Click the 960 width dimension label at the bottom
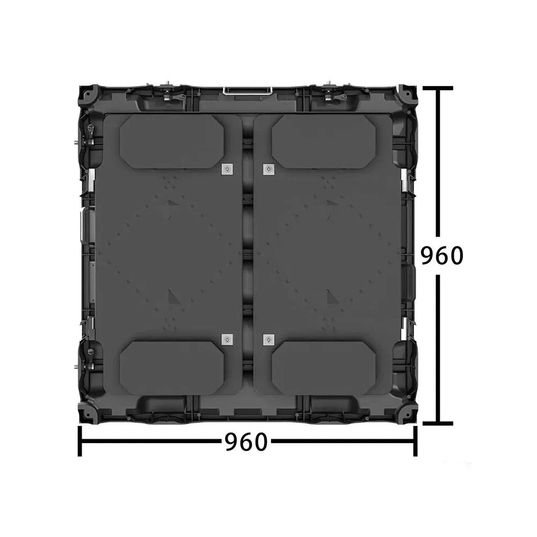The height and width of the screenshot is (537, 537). coord(245,442)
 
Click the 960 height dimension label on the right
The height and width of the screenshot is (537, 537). coord(441,256)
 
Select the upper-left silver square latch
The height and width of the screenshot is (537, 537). coord(227,169)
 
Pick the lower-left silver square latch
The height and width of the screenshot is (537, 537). coord(227,339)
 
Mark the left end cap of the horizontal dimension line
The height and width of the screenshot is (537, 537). coord(80,441)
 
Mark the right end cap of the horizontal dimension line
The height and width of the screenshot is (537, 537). coord(415,441)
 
